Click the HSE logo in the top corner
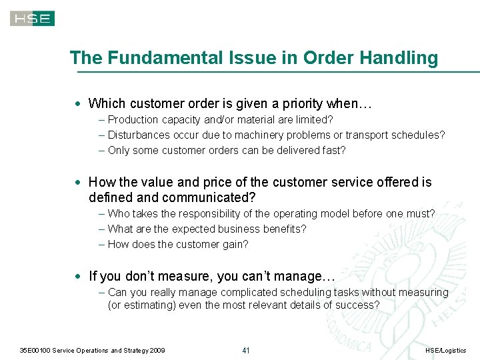click(32, 18)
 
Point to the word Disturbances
click(139, 135)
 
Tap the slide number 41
click(245, 351)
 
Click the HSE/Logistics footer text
click(445, 351)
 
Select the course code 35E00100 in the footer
click(34, 351)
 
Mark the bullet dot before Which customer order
click(79, 104)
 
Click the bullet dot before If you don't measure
click(79, 276)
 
